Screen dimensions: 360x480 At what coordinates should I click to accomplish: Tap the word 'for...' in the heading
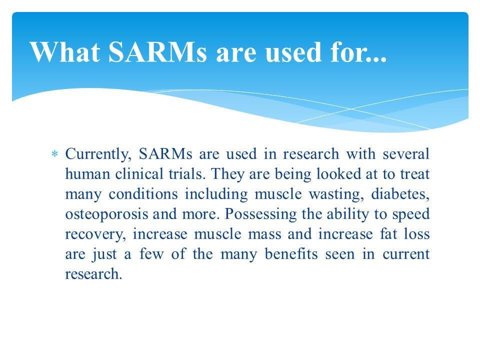tap(356, 51)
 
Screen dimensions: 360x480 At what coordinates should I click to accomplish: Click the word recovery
tap(86, 234)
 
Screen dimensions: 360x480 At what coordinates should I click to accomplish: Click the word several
tap(405, 153)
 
